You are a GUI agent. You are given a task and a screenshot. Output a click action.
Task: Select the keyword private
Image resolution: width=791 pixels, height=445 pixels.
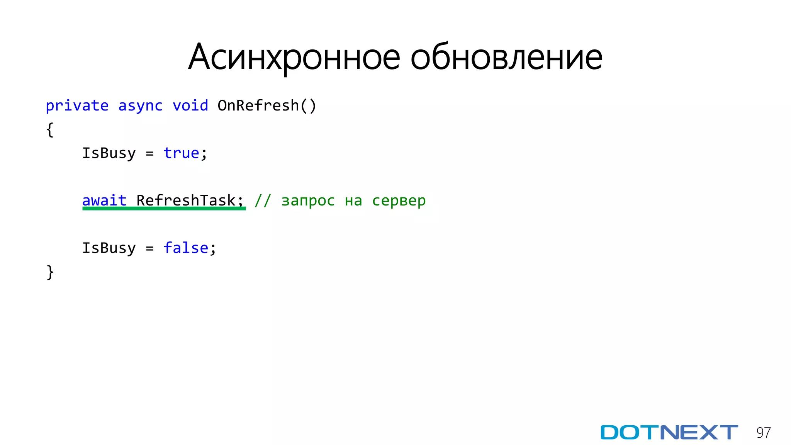[x=77, y=106]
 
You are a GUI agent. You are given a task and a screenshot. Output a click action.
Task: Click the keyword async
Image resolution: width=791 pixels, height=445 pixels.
[x=140, y=106]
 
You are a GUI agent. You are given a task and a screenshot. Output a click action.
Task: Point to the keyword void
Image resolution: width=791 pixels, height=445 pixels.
[x=190, y=106]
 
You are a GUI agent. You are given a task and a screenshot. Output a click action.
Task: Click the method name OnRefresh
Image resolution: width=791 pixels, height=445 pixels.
[x=258, y=106]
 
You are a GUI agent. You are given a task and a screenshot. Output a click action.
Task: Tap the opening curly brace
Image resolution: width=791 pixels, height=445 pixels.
[x=50, y=130]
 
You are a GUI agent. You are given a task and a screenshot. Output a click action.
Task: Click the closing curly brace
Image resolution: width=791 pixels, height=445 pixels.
[x=50, y=272]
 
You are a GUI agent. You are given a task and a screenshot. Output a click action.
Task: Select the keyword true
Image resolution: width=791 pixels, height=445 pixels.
[x=181, y=153]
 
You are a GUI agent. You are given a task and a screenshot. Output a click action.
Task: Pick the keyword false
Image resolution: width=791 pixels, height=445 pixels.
[x=186, y=248]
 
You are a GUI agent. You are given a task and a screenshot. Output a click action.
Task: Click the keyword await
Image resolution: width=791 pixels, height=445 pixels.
[x=104, y=200]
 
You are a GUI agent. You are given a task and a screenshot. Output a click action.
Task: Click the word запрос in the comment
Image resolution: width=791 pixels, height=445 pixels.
[x=308, y=201]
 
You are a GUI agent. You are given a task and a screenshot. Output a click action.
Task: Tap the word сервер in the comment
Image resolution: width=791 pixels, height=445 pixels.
[x=399, y=201]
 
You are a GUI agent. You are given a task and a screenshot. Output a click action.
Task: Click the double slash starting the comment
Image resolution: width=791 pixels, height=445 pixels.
[x=263, y=200]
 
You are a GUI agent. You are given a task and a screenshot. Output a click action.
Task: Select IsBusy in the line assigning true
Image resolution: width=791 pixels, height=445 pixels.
[x=109, y=153]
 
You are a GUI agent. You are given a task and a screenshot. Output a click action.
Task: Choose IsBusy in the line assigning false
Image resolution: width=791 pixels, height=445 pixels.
[x=109, y=248]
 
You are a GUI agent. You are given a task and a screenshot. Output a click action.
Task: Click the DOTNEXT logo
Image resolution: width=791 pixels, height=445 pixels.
[x=669, y=432]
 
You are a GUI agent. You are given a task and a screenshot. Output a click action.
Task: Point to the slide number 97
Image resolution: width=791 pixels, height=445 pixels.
[x=764, y=433]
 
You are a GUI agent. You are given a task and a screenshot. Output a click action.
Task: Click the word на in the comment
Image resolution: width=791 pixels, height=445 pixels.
[x=353, y=201]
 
